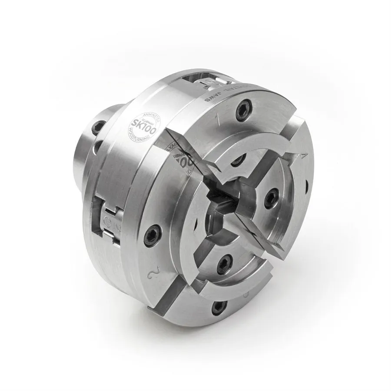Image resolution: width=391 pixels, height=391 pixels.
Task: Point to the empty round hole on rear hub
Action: [98, 146]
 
